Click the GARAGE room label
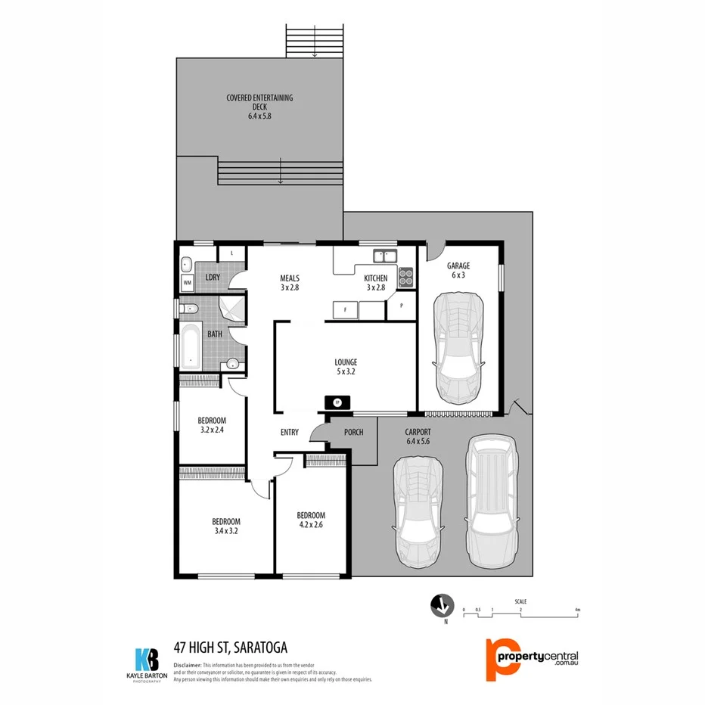tap(458, 266)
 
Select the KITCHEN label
tap(377, 278)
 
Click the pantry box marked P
tap(401, 306)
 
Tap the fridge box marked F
tap(346, 309)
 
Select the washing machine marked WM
tap(187, 283)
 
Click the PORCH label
tap(353, 432)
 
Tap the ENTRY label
tap(290, 433)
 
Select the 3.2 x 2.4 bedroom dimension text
tap(212, 430)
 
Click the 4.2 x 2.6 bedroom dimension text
tap(311, 525)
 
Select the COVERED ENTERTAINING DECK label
tap(259, 107)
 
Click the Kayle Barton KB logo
tap(146, 660)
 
